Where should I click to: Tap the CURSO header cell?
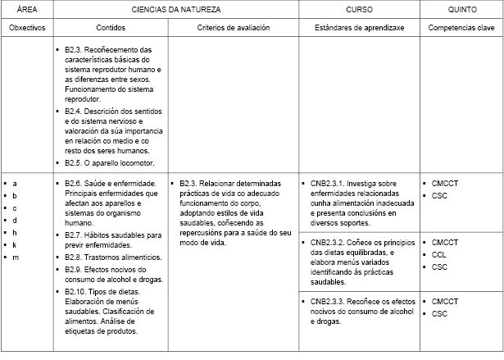click(x=360, y=8)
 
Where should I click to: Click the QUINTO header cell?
click(x=462, y=8)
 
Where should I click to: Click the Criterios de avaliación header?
click(x=234, y=27)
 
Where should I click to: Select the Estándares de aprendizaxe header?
click(x=359, y=27)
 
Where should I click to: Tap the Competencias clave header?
click(x=462, y=27)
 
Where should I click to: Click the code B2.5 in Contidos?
click(x=75, y=162)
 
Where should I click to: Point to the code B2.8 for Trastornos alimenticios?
click(x=75, y=257)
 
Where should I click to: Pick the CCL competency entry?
click(x=438, y=255)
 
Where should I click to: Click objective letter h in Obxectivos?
click(x=15, y=233)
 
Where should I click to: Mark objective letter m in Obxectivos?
click(x=15, y=257)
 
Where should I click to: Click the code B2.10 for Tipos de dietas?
click(x=77, y=291)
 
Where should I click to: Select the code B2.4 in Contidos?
click(x=75, y=111)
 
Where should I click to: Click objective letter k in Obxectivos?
click(x=15, y=245)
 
